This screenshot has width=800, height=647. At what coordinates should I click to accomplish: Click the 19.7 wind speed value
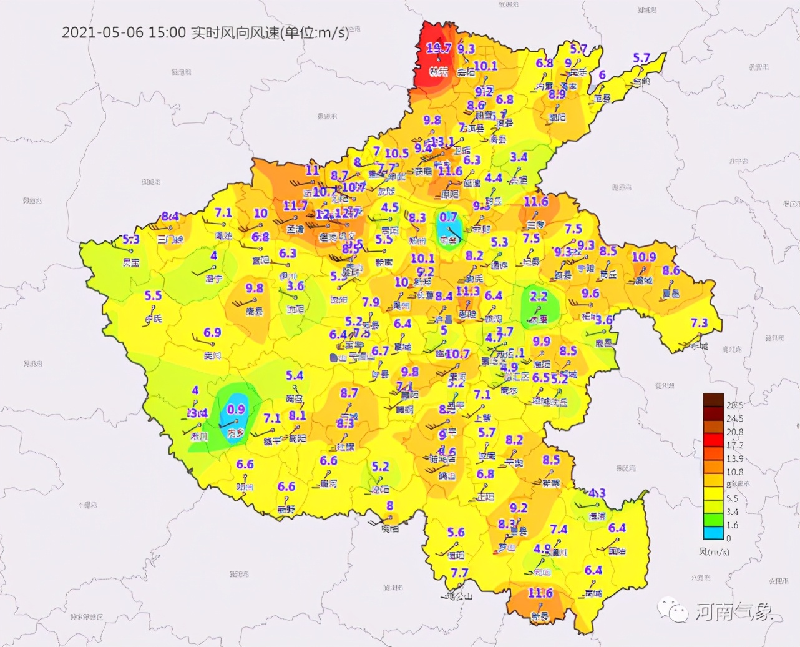click(x=439, y=48)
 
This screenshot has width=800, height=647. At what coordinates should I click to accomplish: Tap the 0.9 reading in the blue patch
click(x=236, y=410)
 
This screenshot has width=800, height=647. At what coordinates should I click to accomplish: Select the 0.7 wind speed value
click(x=448, y=217)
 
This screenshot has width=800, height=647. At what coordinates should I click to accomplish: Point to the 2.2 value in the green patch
click(x=538, y=297)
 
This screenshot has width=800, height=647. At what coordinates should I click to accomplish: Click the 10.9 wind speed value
click(x=644, y=257)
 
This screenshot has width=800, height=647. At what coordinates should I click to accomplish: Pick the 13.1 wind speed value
click(x=442, y=142)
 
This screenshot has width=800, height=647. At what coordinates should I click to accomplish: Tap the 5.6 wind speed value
click(x=456, y=532)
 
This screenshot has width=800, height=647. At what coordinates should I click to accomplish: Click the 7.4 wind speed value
click(x=559, y=530)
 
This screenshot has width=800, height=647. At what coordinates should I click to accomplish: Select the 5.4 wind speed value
click(x=295, y=375)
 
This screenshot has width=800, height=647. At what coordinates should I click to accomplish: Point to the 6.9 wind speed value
click(x=212, y=332)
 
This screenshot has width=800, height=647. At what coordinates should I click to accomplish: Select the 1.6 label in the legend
click(x=732, y=525)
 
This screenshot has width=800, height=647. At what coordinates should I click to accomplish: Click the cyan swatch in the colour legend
click(x=713, y=533)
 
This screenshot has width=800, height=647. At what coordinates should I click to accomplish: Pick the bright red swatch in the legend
click(x=713, y=439)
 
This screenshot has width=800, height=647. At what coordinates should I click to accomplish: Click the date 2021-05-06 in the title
click(x=102, y=32)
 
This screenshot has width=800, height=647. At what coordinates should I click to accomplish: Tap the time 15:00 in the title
click(x=167, y=32)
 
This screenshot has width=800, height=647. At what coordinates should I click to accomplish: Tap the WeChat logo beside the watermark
click(x=675, y=610)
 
